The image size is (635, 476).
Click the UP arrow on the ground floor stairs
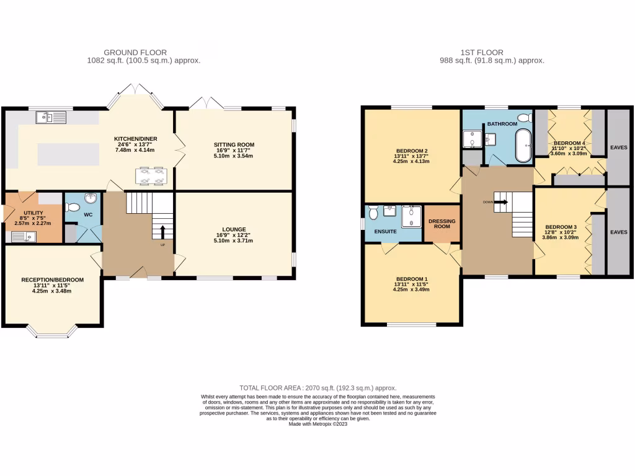point(162,232)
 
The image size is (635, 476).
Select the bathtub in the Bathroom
point(524,146)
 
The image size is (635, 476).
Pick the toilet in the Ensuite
point(373,213)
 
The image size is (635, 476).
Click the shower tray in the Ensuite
point(412,216)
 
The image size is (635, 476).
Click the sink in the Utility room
point(29,236)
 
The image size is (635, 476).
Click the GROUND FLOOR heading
point(135,53)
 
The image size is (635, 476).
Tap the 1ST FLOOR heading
point(482,53)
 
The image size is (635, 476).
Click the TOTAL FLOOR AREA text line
point(317,387)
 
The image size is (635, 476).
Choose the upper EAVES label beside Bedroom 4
point(618,148)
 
